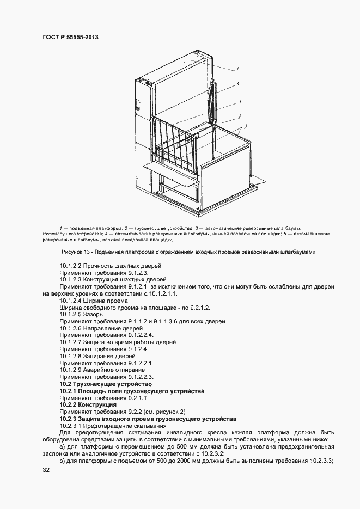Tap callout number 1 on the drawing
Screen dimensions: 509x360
(238, 69)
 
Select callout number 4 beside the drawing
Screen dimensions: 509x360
(238, 84)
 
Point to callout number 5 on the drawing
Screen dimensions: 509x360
(240, 102)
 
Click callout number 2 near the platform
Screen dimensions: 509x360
(240, 116)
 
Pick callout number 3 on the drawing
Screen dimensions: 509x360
(246, 126)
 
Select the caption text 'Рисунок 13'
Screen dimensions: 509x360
(74, 252)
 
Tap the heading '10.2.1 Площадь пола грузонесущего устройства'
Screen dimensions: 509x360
(132, 391)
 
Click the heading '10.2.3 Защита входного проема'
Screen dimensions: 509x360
(148, 419)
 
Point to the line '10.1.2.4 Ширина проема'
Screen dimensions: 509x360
(94, 300)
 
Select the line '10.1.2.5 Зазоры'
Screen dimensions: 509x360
(82, 314)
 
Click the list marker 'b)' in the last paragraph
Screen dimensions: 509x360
(63, 461)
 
